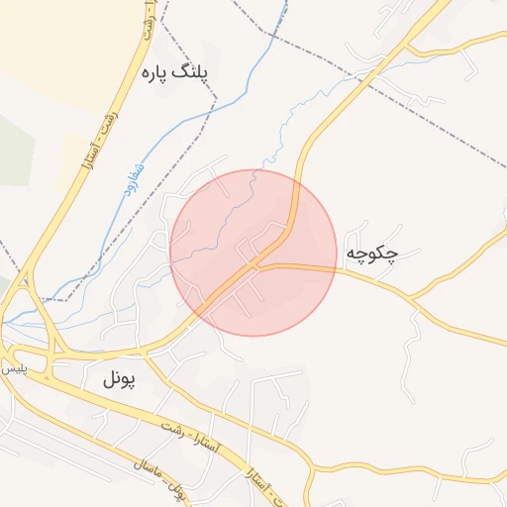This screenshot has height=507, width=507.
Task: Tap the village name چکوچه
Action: [372, 254]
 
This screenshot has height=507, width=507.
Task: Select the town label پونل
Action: [124, 377]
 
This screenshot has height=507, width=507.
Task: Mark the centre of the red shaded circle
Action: [253, 253]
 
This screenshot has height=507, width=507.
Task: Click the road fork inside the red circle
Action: [259, 264]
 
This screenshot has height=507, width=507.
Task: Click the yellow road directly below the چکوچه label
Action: [371, 278]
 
